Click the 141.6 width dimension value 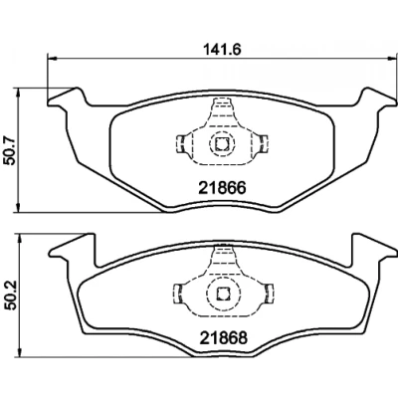tap(222, 50)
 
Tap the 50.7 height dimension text tap(9, 150)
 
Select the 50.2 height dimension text tap(10, 296)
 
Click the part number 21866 tap(222, 188)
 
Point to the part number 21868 tap(223, 338)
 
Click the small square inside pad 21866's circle tap(222, 143)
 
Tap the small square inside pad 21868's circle tap(222, 294)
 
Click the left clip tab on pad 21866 tap(180, 144)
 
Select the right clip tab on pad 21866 tap(263, 144)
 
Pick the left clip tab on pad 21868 tap(178, 294)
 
